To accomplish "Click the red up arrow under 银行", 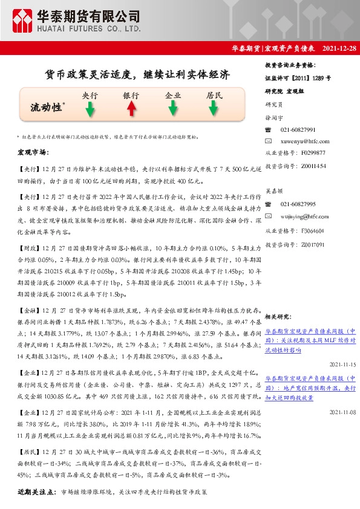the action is [131, 109].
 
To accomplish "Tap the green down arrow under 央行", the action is [90, 109].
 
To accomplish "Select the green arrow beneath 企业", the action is [173, 109].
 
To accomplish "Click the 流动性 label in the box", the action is [47, 108].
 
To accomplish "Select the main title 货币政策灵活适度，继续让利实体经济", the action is [138, 76].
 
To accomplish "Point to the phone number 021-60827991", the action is [298, 130].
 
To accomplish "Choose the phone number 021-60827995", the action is [298, 204].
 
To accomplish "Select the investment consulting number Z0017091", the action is [312, 244].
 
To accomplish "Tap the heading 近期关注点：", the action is [37, 492].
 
